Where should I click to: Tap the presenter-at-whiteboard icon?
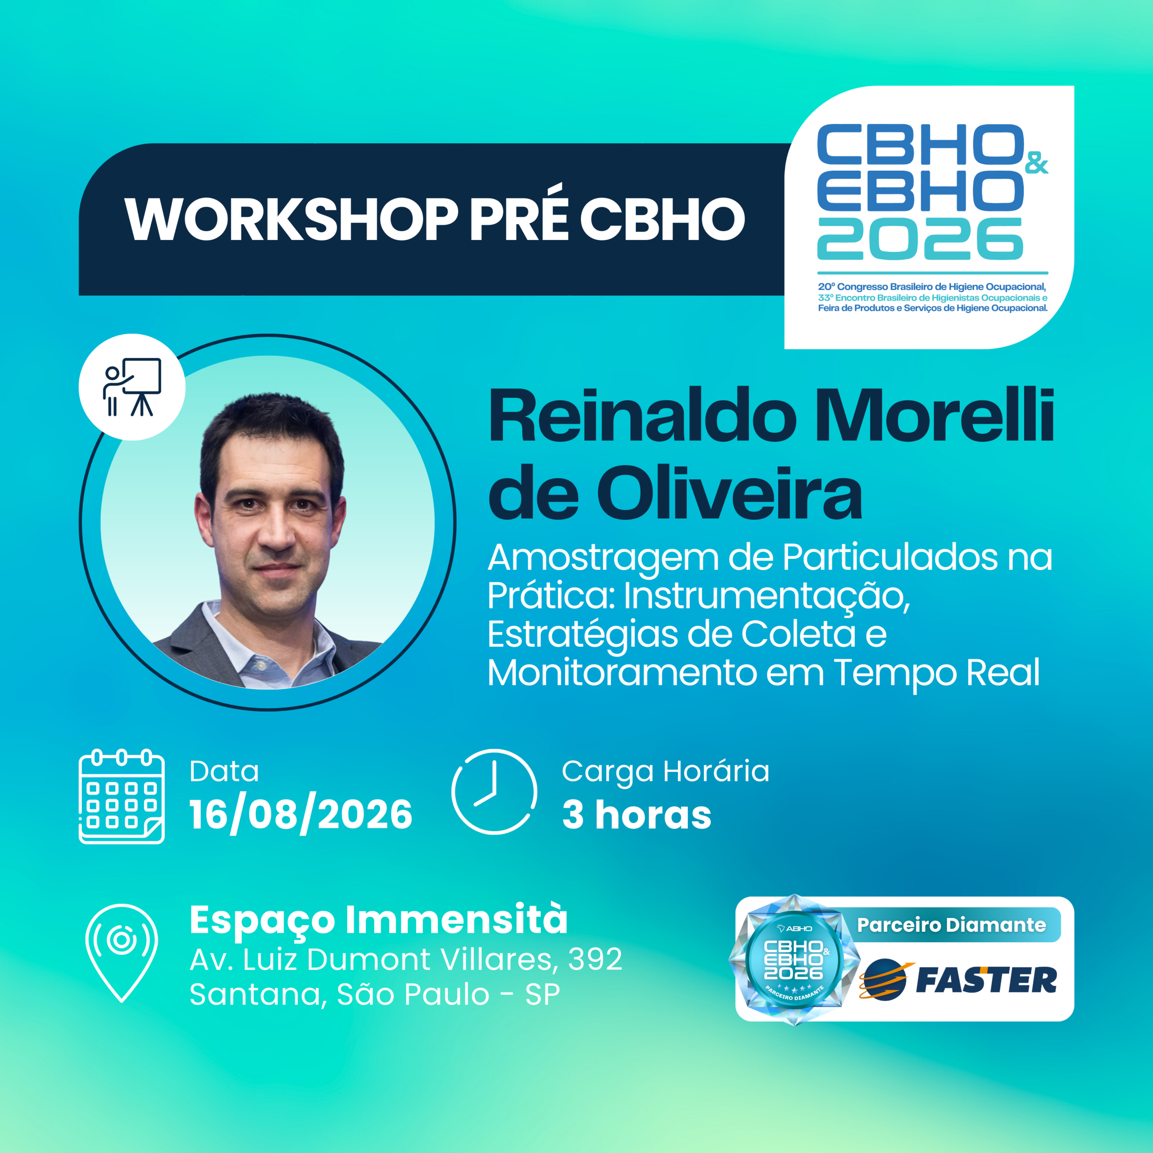coord(132,387)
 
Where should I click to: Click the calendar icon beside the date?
coord(122,796)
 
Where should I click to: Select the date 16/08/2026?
coord(301,815)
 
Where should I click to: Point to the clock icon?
coord(494,791)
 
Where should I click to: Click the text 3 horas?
coord(637,815)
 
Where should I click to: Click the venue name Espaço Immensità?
coord(378,920)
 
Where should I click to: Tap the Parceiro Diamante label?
coord(952,925)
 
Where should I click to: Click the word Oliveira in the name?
coord(729,494)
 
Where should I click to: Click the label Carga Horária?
coord(665,771)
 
